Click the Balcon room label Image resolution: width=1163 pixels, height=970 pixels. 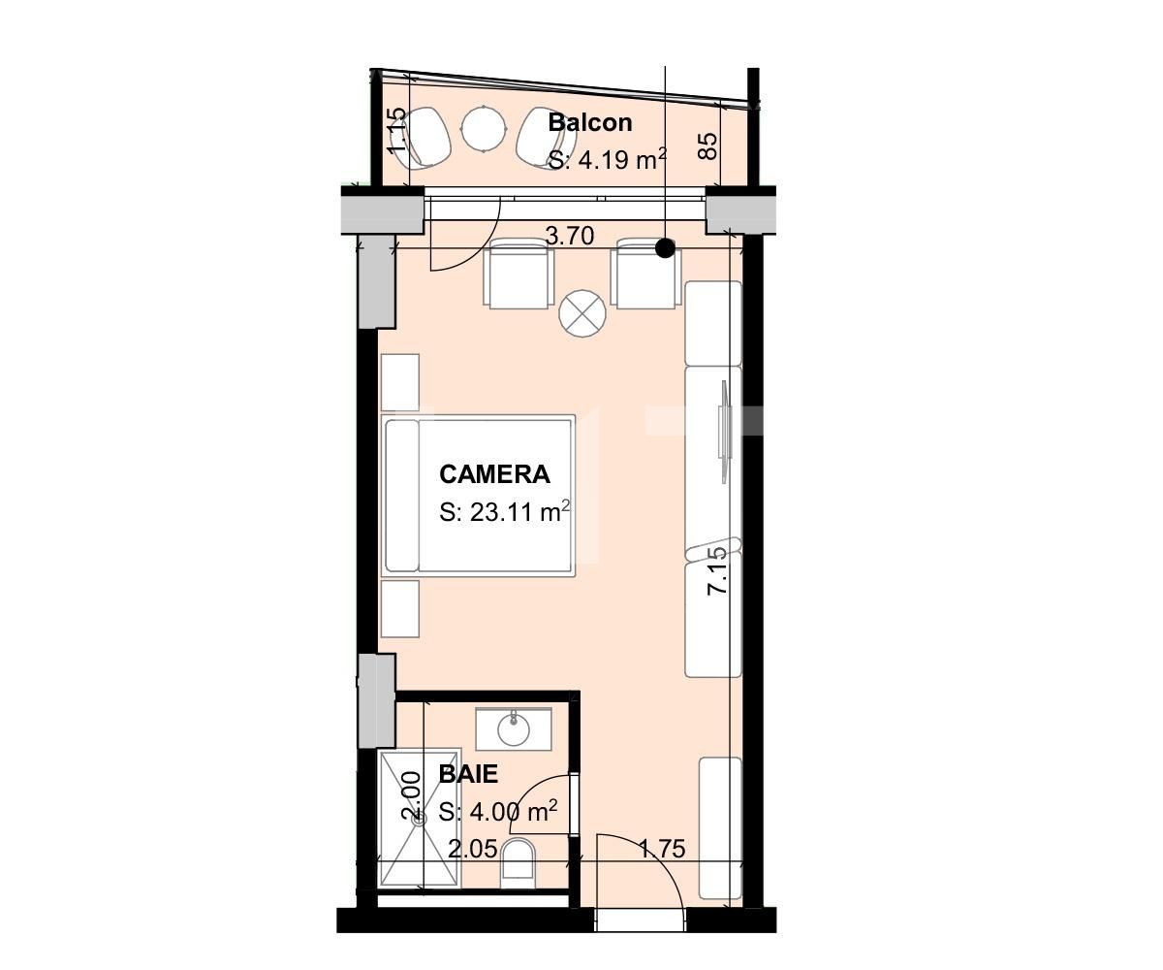589,122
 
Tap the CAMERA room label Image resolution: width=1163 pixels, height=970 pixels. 494,474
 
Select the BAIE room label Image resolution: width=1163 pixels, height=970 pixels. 468,774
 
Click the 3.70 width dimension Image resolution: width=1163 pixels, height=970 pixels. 569,236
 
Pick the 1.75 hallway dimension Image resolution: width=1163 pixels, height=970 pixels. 662,850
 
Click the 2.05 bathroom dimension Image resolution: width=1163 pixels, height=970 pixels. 473,850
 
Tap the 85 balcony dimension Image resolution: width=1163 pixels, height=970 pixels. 708,145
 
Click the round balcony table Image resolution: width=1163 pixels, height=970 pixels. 484,128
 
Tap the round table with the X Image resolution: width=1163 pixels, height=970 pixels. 582,313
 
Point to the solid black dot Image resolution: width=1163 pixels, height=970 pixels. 665,248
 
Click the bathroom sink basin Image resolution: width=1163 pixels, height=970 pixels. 514,728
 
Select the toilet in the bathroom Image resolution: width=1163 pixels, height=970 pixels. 519,863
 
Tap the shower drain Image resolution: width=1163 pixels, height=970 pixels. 420,819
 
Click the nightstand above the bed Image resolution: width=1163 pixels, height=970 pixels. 400,381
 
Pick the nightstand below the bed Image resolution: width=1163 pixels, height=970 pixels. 400,609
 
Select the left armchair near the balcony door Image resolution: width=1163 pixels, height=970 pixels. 519,275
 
